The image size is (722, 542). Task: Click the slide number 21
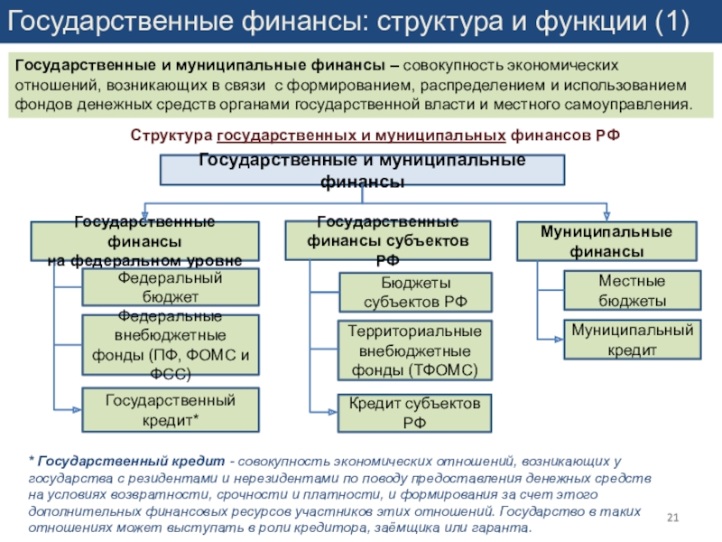[671, 517]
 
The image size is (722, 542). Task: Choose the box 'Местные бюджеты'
[632, 291]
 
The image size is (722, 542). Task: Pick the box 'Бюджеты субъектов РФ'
[415, 294]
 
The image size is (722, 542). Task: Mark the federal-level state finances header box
[145, 241]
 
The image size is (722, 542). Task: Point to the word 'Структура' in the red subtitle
[171, 135]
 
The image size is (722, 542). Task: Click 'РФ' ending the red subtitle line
[606, 135]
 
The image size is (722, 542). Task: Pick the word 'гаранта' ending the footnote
[506, 528]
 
